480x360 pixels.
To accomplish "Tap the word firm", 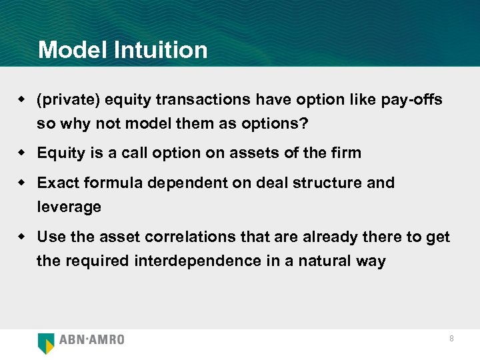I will click(x=346, y=153).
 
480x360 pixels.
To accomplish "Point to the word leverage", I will click(x=69, y=207).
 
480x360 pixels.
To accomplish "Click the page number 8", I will click(x=451, y=339).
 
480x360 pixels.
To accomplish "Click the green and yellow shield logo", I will click(x=46, y=342).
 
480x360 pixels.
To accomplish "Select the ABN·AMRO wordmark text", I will click(x=92, y=340).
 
